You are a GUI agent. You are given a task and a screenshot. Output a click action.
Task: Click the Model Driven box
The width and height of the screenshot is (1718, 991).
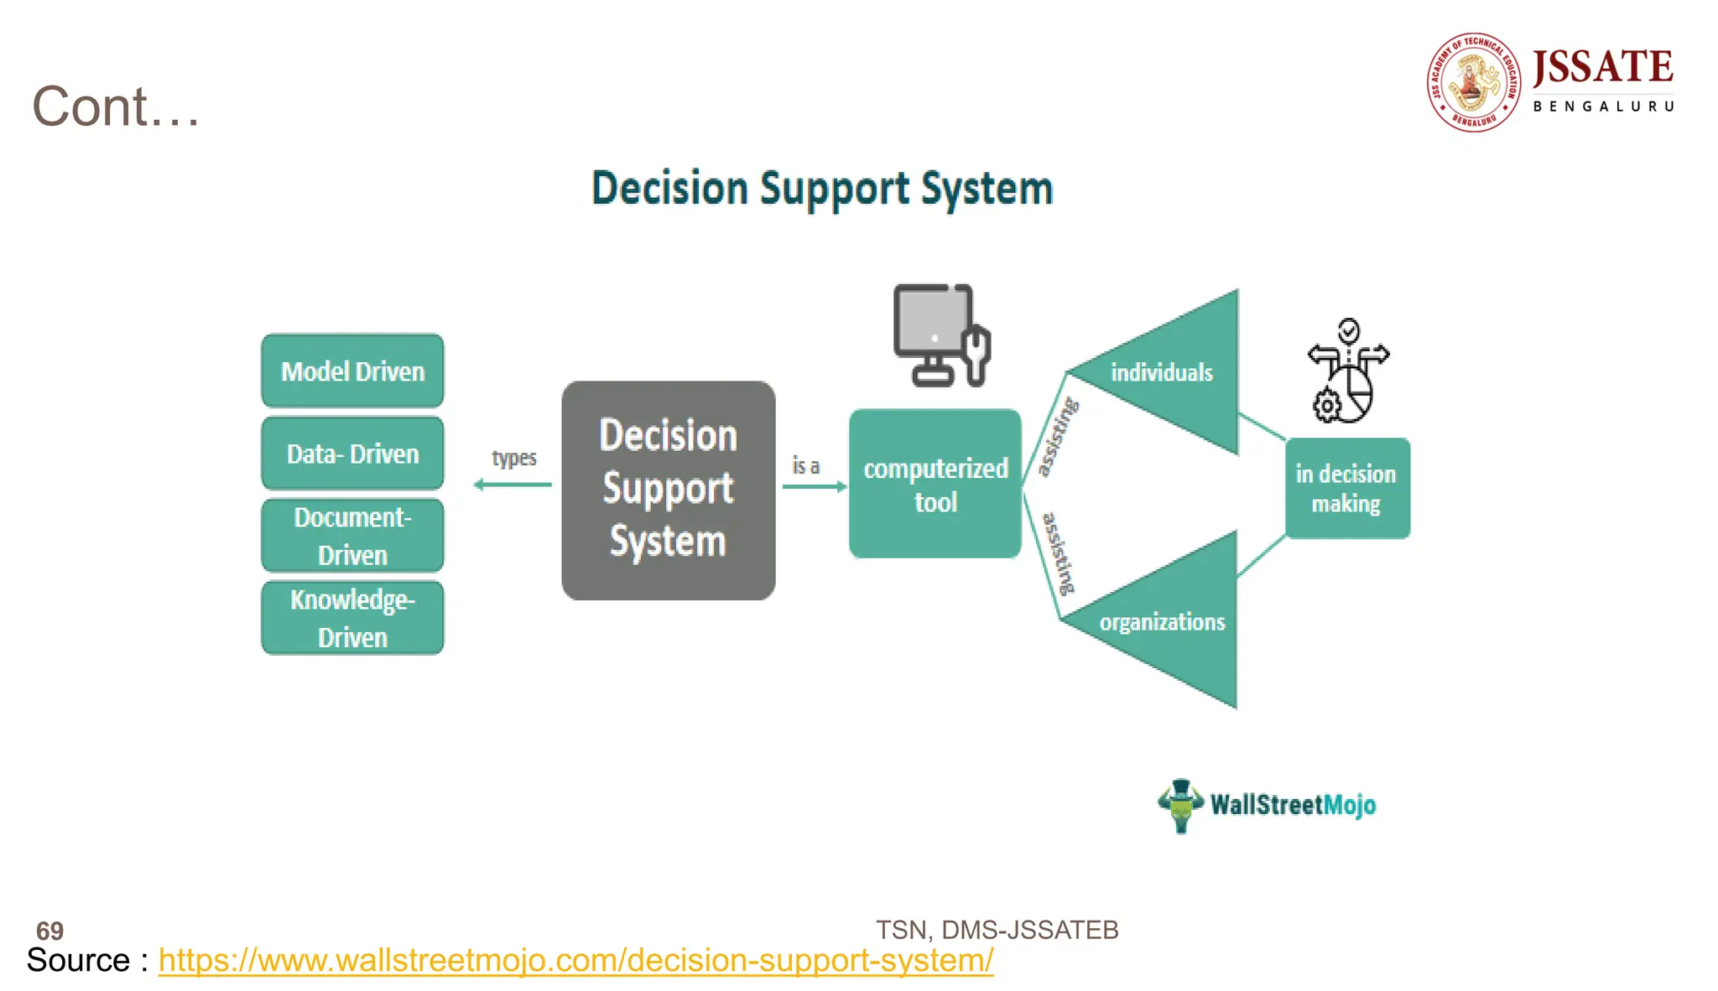pos(352,371)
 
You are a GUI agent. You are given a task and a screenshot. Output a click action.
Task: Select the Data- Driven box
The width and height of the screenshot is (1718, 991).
pos(352,453)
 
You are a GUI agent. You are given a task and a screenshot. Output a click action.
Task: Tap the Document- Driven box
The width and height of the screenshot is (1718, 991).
pos(352,536)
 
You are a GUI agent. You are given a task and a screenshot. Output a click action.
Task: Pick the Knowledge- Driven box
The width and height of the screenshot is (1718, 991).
pos(352,618)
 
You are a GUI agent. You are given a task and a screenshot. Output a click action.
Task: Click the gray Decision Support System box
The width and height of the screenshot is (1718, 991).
pos(669,490)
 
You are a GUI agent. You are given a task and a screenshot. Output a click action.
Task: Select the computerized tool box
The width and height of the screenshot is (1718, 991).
pos(935,484)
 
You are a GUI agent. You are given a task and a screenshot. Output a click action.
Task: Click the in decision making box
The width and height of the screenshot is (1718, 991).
pos(1347,488)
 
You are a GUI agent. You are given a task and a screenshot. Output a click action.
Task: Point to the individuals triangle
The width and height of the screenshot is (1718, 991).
pos(1174,372)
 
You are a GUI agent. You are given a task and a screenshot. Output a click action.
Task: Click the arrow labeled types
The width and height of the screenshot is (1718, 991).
pos(513,484)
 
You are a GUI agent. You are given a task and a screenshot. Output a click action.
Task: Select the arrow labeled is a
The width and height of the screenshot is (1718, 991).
pos(814,485)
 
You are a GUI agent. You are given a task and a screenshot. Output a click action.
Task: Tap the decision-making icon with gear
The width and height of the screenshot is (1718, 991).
pos(1347,371)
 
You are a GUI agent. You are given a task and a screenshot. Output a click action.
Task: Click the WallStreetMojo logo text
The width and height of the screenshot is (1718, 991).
pos(1292,805)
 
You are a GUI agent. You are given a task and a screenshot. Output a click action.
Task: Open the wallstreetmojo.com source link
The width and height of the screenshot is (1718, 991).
pos(575,960)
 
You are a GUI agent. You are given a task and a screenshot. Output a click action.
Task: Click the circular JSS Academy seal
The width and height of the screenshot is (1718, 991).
pos(1474,82)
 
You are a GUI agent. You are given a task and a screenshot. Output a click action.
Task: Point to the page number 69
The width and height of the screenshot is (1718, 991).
pos(49,930)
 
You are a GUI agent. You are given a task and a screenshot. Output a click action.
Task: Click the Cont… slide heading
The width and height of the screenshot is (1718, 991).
pos(116,106)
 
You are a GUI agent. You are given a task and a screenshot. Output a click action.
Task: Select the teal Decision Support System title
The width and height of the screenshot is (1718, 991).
pos(822,188)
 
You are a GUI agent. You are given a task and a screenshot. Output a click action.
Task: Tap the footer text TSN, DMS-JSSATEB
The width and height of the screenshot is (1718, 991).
pos(997,929)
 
